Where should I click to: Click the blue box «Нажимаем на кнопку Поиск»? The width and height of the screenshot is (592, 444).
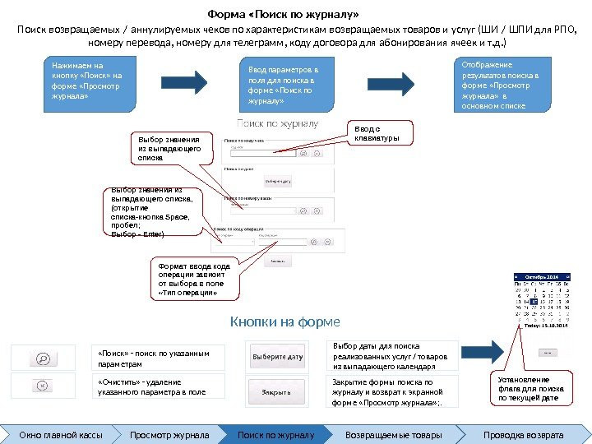[x=90, y=85]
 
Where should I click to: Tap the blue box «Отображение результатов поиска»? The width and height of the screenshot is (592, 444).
[x=501, y=84]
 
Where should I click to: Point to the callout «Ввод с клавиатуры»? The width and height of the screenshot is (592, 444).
[x=382, y=133]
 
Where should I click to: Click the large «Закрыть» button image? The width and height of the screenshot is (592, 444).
[x=276, y=391]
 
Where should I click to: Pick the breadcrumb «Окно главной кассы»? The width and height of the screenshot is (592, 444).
[x=55, y=434]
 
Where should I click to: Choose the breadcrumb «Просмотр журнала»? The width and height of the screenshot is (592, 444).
[x=169, y=434]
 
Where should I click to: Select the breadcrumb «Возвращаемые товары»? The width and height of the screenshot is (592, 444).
[x=393, y=434]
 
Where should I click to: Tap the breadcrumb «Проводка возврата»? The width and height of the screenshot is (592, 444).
[x=523, y=434]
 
